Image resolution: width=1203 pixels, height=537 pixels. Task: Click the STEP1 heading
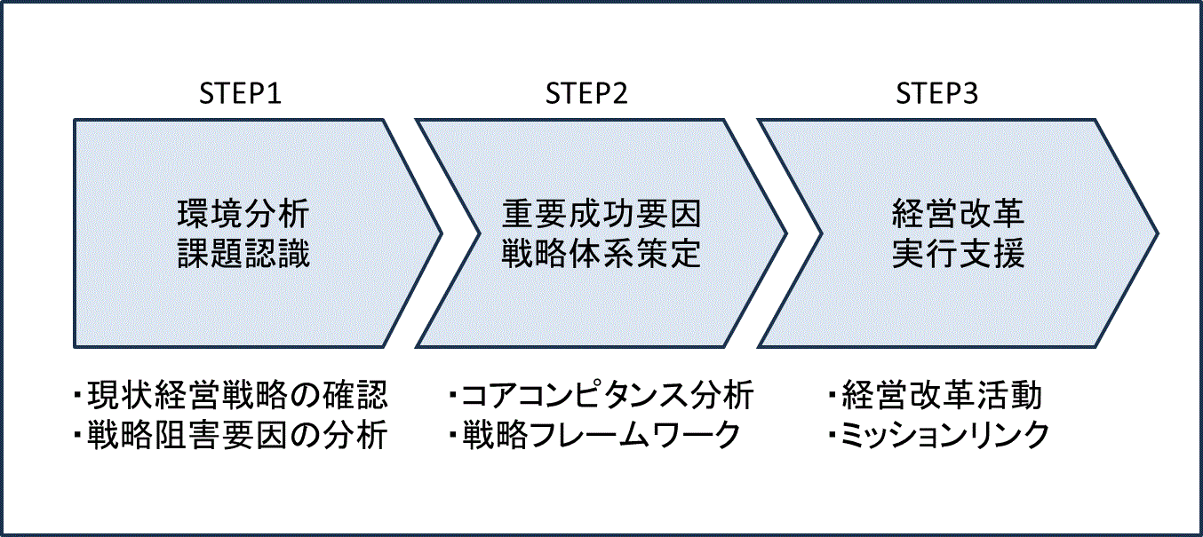pos(240,93)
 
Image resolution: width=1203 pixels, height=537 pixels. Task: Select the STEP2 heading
pos(586,93)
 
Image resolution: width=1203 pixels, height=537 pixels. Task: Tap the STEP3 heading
pos(936,93)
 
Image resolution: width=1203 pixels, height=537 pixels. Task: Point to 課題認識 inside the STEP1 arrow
pos(243,255)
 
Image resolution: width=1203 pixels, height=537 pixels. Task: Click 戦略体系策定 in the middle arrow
pos(601,255)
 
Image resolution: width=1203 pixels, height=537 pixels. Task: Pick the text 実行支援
pos(959,255)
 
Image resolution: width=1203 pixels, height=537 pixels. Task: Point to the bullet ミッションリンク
pos(945,436)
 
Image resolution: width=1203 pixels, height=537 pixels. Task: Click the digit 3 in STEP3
pos(970,93)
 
